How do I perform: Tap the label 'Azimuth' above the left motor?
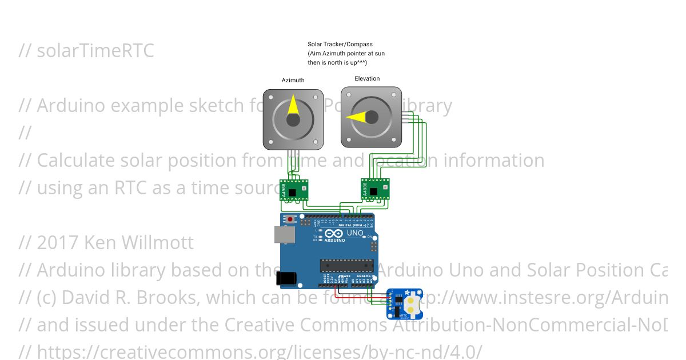click(293, 81)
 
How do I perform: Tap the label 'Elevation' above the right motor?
click(367, 79)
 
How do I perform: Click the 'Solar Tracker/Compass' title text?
click(340, 44)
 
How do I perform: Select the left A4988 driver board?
click(294, 190)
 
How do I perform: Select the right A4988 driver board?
click(376, 189)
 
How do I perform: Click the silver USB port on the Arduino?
click(284, 234)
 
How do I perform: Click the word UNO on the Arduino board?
click(356, 233)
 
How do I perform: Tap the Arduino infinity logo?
click(334, 234)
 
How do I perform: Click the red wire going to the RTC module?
click(360, 297)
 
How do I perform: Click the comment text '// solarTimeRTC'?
click(86, 51)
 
